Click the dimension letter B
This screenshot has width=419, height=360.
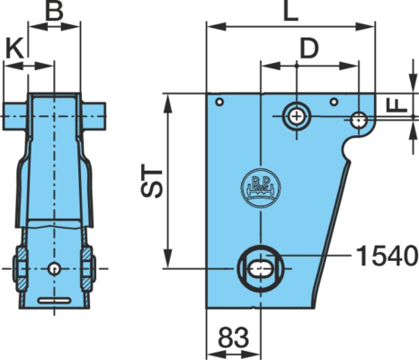[54, 11]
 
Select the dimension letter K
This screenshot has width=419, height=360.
[15, 49]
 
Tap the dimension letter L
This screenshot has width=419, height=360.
[290, 12]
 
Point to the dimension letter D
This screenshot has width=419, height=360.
[309, 49]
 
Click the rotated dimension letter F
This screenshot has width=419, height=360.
[397, 105]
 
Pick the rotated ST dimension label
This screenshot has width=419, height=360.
[152, 181]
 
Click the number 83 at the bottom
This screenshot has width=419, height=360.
[234, 337]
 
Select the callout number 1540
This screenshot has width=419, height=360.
[388, 256]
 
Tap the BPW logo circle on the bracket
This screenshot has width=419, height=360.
[261, 187]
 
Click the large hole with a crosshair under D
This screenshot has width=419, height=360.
[297, 116]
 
